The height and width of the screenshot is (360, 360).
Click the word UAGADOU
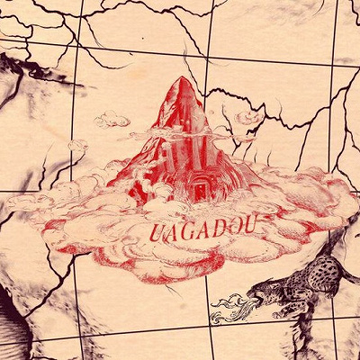pyautogui.click(x=188, y=228)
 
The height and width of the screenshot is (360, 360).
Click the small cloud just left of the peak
pyautogui.click(x=113, y=119)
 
